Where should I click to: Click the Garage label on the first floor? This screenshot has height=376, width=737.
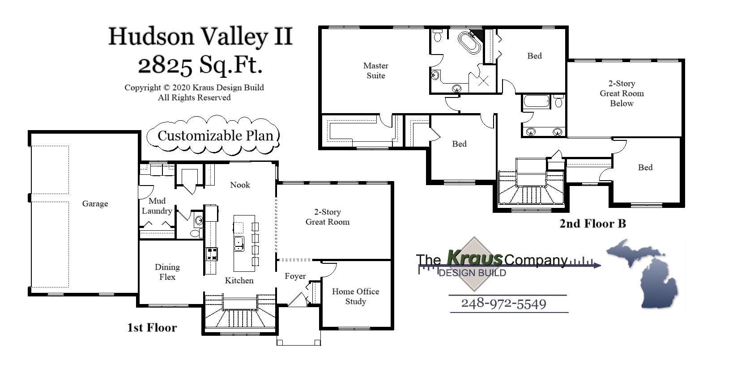pos(95,204)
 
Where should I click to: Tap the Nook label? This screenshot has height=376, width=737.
pos(240,185)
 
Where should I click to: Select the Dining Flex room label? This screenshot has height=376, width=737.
pos(167,272)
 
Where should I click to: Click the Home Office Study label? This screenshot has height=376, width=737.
pos(355,296)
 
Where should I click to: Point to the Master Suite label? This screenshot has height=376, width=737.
pos(375,71)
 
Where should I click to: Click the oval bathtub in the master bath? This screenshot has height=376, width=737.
pos(469,43)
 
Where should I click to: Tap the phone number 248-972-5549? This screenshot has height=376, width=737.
pos(503,304)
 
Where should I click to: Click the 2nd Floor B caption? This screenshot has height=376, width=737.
pos(592,224)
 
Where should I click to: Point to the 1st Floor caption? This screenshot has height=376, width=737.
pos(152,328)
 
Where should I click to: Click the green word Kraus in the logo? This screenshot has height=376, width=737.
pos(474,258)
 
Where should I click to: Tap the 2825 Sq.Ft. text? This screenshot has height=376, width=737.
pos(200,65)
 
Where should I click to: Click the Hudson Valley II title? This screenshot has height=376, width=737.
pos(200,36)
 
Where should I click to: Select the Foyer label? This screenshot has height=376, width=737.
pos(295,276)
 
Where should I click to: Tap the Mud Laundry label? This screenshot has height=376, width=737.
pos(157,206)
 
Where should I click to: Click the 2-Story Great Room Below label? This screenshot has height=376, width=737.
pos(622,93)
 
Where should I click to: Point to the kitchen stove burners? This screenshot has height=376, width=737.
pos(211,254)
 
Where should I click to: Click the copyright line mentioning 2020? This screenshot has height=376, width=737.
pos(194,88)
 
